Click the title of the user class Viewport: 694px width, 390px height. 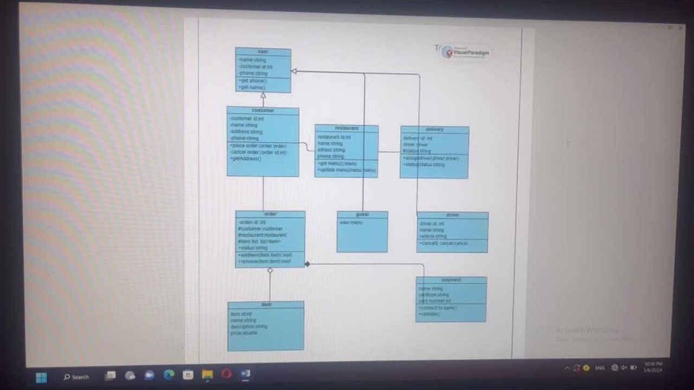click(263, 52)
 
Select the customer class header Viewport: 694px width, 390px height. click(263, 110)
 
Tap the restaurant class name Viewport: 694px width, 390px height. click(346, 128)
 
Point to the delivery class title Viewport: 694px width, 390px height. click(435, 130)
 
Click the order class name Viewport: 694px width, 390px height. click(270, 214)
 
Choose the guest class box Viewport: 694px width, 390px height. click(362, 232)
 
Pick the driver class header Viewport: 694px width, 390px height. click(453, 216)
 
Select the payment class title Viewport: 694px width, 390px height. click(451, 280)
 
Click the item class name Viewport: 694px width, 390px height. click(266, 305)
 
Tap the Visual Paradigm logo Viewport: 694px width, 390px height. click(466, 52)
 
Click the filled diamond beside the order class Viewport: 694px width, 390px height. click(307, 264)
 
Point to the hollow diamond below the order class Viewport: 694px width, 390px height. click(270, 270)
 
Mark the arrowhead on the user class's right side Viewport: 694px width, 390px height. click(294, 71)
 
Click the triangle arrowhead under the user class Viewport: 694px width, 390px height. click(264, 96)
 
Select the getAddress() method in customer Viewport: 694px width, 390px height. click(247, 159)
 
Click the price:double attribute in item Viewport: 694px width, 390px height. click(244, 333)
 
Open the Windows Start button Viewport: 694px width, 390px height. click(41, 377)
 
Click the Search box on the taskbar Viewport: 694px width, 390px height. click(76, 377)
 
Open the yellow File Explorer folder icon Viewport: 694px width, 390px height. click(207, 374)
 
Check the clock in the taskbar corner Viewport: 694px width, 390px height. click(653, 367)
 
